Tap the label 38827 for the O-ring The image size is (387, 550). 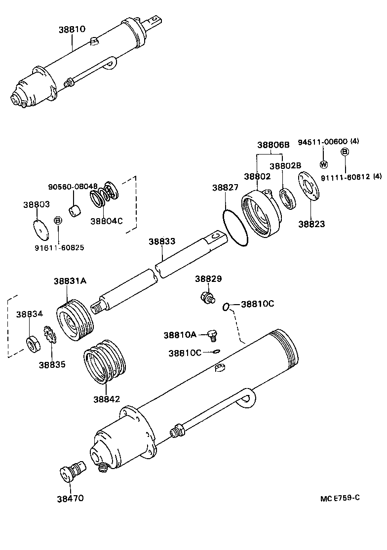(225, 188)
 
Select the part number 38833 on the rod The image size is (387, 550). (161, 241)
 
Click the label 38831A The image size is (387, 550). (70, 281)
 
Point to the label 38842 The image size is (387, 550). (106, 398)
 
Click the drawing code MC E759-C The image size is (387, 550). (339, 497)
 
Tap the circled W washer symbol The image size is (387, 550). (324, 164)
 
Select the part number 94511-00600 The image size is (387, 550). (323, 142)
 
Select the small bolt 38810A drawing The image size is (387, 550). (212, 335)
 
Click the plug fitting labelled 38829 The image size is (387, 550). (207, 298)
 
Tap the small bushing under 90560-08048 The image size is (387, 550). (76, 212)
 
